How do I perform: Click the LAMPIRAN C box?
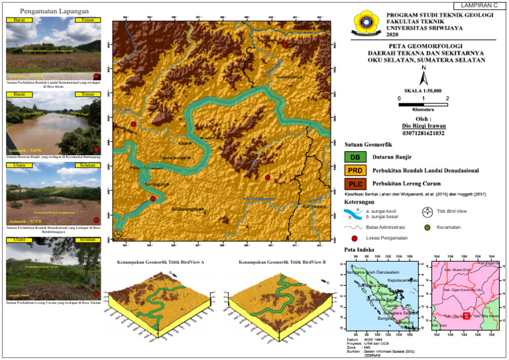[x=481, y=5]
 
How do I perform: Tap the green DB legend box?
[x=355, y=157]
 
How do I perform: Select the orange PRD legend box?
[x=355, y=170]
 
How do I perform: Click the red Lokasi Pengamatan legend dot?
[x=355, y=237]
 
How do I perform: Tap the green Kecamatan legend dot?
[x=427, y=227]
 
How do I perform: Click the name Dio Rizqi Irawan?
[x=423, y=125]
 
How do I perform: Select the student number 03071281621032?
[x=423, y=133]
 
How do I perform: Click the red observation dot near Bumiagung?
[x=153, y=198]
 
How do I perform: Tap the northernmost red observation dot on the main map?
[x=284, y=45]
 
